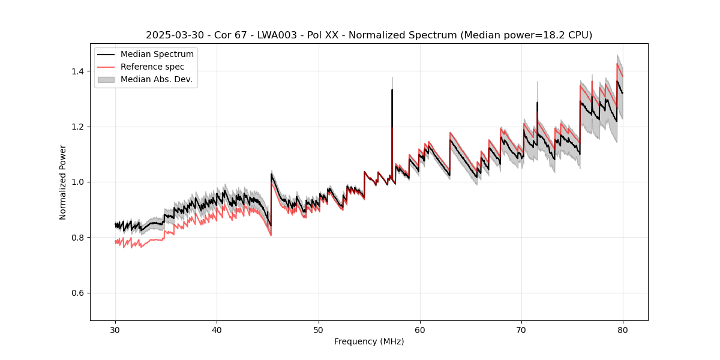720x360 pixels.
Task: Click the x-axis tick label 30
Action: tap(116, 330)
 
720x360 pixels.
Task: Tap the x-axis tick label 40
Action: tap(217, 330)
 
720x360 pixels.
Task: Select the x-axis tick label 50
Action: tap(319, 330)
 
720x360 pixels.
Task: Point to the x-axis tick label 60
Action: tap(420, 330)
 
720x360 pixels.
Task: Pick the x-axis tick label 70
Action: tap(521, 330)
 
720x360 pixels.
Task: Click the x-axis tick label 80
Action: tap(623, 330)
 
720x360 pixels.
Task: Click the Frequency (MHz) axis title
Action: tap(369, 341)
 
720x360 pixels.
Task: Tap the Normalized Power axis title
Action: tap(63, 182)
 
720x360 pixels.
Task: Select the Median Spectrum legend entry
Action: tap(157, 55)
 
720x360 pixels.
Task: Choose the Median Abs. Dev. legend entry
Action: tap(156, 79)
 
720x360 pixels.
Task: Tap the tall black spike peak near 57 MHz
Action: tap(392, 90)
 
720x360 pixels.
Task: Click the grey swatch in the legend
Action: tap(107, 79)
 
